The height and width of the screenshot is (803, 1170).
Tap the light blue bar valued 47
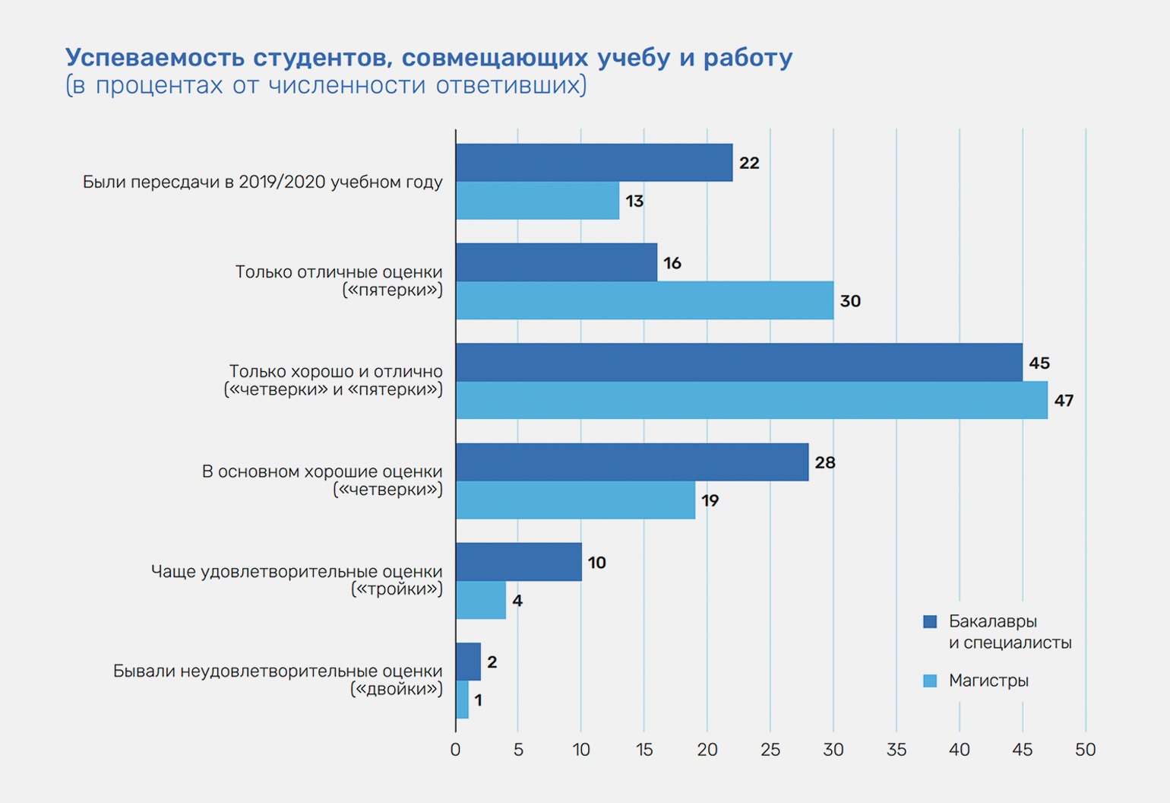click(x=751, y=400)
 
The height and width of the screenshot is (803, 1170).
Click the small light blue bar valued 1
click(x=462, y=700)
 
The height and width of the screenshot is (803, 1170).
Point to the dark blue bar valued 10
click(x=519, y=562)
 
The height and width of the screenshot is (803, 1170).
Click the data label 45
click(x=1039, y=363)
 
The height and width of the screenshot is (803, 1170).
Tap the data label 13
click(x=634, y=201)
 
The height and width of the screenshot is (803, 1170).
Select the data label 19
click(x=710, y=500)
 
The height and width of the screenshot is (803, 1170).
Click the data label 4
click(x=517, y=601)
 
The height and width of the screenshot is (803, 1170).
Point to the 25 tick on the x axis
click(x=770, y=750)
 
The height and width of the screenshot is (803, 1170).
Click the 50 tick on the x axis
click(x=1085, y=750)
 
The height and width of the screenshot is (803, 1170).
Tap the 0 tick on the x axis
click(x=455, y=750)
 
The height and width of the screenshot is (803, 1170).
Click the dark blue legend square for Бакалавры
click(x=930, y=621)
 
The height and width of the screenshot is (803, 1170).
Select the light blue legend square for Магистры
click(x=930, y=681)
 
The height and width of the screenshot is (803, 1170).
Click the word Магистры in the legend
click(x=988, y=681)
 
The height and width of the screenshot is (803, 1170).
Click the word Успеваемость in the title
click(x=154, y=58)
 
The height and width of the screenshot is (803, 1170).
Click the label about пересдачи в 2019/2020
click(x=262, y=182)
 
